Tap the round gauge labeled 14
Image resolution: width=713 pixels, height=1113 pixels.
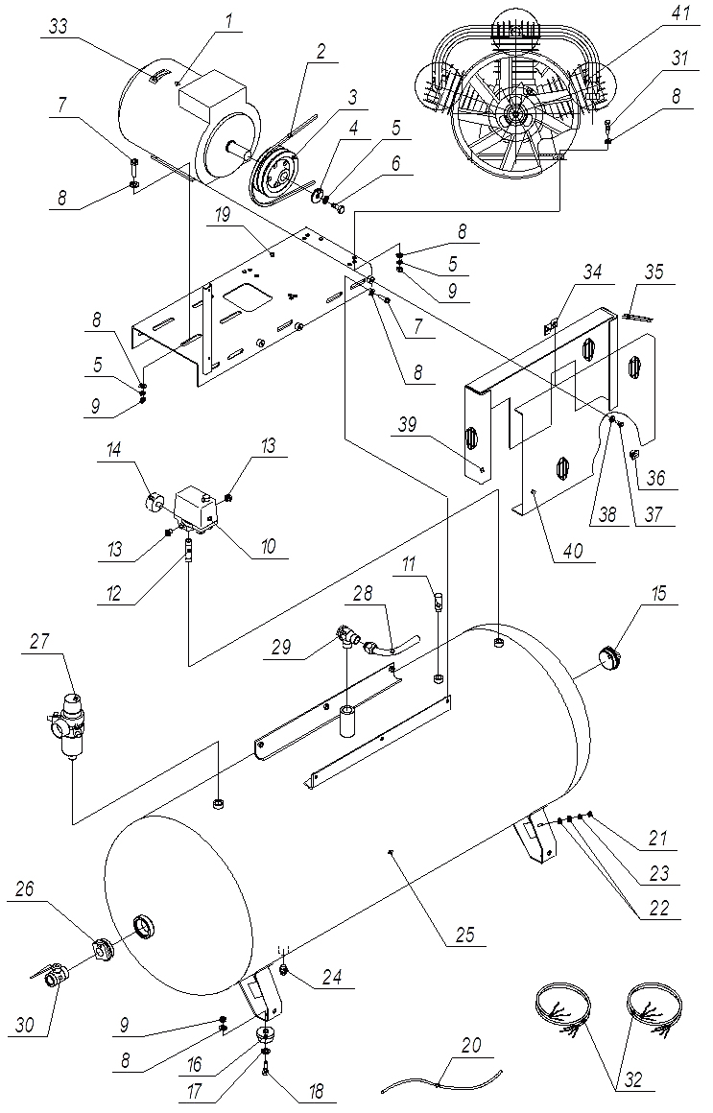point(154,503)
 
